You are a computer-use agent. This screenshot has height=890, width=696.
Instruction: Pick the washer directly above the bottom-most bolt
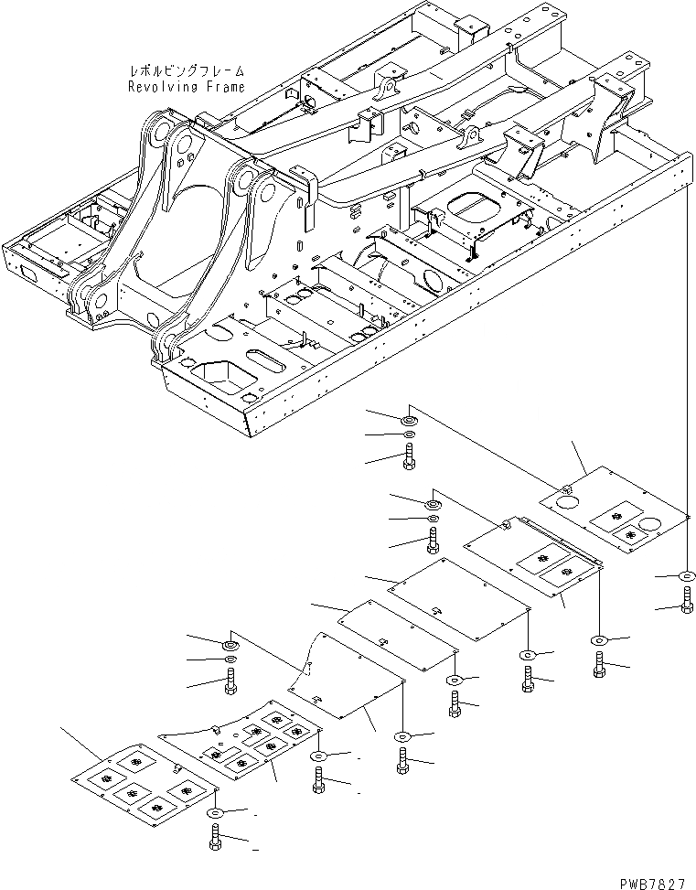(214, 812)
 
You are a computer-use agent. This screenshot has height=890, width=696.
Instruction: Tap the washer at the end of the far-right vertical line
(685, 577)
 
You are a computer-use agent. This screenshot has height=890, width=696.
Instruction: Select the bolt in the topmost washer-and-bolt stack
(408, 456)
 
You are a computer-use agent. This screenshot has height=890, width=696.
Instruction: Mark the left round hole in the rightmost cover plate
(565, 500)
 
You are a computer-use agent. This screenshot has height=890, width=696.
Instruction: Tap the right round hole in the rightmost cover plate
(653, 526)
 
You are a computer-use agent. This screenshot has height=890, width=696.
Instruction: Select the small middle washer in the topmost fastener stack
(408, 434)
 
